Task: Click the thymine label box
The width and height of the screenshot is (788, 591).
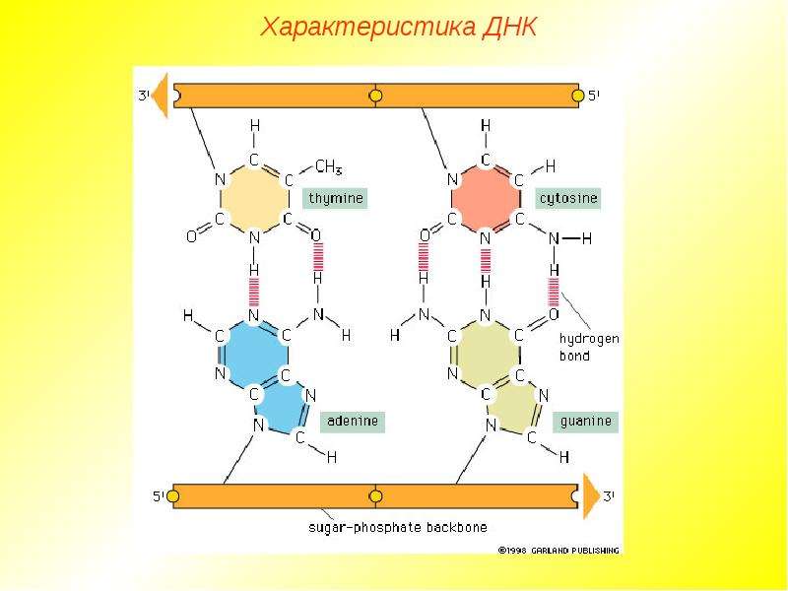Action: click(x=335, y=198)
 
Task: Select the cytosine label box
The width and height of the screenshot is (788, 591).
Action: click(x=568, y=198)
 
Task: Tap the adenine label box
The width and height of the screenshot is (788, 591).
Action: click(x=353, y=422)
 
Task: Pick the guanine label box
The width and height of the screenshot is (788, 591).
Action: click(x=585, y=422)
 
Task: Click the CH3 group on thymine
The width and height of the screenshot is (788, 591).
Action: click(x=329, y=166)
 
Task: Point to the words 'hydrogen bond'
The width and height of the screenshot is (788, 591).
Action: click(x=588, y=348)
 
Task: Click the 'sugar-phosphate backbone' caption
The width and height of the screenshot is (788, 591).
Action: click(x=398, y=528)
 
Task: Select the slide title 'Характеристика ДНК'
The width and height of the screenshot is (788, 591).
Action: click(x=399, y=28)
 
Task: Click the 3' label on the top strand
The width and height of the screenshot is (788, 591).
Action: click(x=144, y=95)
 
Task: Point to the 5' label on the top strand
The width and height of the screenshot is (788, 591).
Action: click(x=594, y=95)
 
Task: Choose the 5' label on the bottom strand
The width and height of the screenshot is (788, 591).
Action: click(x=159, y=496)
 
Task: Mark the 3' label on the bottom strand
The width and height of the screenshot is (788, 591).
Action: click(x=609, y=496)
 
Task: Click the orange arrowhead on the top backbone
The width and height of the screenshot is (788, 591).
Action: click(x=161, y=95)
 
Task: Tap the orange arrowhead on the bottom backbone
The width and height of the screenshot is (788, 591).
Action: click(x=591, y=496)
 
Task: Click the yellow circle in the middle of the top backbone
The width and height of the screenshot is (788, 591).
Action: click(x=375, y=95)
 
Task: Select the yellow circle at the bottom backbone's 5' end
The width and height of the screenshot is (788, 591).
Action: click(x=173, y=496)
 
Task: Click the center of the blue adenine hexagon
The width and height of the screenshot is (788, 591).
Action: click(x=254, y=355)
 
